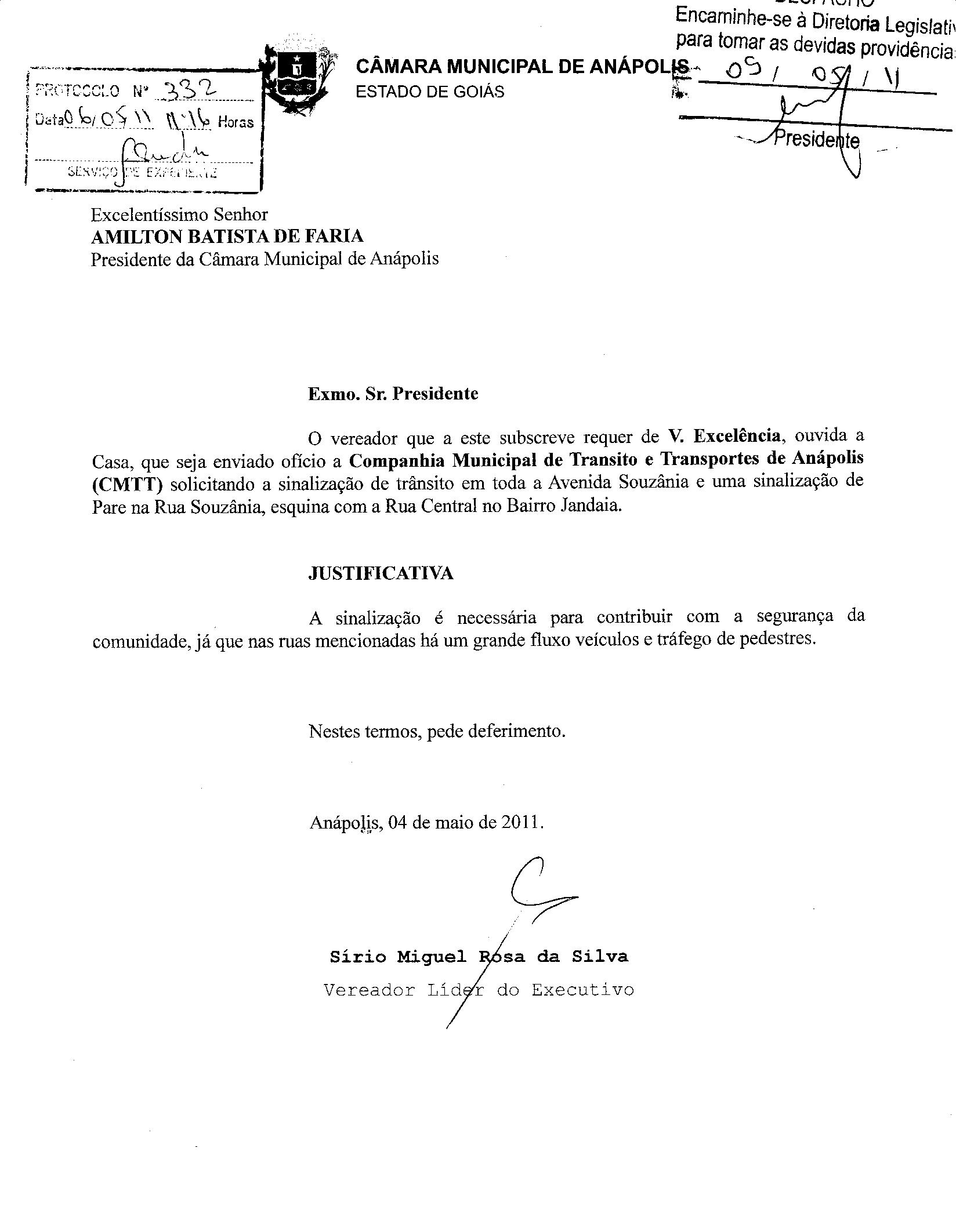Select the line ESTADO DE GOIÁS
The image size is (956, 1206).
coord(430,92)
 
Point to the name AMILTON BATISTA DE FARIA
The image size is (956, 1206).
coord(227,236)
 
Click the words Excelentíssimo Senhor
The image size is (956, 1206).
coord(179,215)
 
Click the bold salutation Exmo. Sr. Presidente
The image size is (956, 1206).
coord(393,394)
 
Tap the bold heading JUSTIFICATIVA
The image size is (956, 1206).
coord(381,573)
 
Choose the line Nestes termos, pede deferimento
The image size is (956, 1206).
coord(437,731)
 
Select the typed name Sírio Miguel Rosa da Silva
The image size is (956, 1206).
coord(479,956)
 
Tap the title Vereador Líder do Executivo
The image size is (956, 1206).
coord(479,989)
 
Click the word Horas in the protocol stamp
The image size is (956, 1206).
coord(236,122)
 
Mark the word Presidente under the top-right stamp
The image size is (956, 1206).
coord(818,140)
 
